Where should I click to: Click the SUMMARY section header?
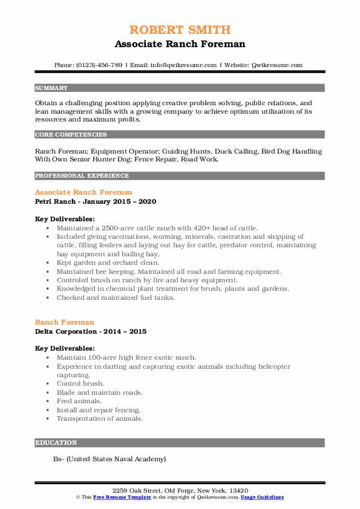pos(51,88)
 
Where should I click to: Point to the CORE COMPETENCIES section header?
pos(71,135)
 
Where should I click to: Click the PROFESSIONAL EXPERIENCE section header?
pos(82,176)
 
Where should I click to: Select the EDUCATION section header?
pos(56,443)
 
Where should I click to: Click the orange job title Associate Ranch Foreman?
pos(83,192)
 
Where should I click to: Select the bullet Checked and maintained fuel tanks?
pos(115,297)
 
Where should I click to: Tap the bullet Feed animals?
pos(79,401)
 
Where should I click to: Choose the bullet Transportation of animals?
pos(100,418)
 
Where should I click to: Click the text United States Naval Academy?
pos(116,459)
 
